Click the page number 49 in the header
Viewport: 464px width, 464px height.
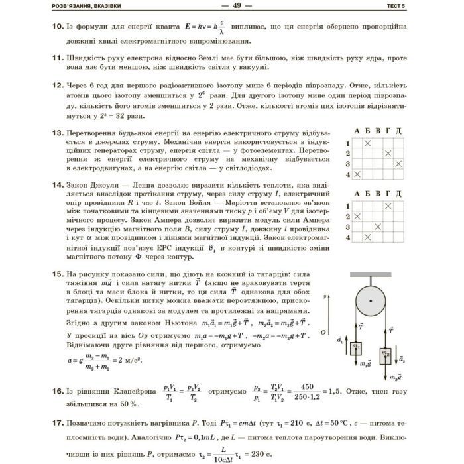pos(231,5)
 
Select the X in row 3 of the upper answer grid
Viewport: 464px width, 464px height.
pos(398,163)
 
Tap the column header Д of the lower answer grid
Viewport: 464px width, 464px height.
pos(398,195)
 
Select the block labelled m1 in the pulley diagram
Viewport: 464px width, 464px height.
pos(357,347)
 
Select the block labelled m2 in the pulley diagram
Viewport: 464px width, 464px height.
pos(385,353)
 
